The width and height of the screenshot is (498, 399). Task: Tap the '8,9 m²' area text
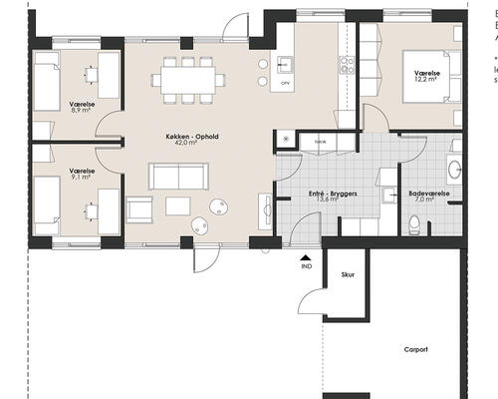[x=82, y=111]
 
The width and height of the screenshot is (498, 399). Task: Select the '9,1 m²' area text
[x=82, y=180]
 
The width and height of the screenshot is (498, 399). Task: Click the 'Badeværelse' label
[x=430, y=193]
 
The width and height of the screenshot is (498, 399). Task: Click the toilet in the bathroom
[x=414, y=221]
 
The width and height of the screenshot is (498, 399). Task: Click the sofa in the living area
[x=177, y=176]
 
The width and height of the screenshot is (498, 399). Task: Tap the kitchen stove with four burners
[x=348, y=66]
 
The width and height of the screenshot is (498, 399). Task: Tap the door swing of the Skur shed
[x=311, y=294]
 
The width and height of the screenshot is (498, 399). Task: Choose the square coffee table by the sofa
[x=179, y=205]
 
